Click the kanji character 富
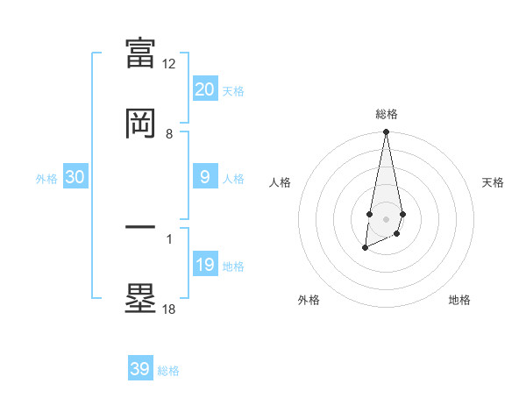coord(141,53)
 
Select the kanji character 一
coord(141,227)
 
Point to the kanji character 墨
coord(141,298)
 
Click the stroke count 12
coord(169,64)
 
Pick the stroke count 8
coord(169,134)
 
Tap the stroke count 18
coord(169,309)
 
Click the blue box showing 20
coord(204,89)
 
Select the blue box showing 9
coord(204,177)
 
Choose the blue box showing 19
coord(204,265)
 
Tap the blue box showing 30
coord(75,177)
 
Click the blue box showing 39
coord(140,369)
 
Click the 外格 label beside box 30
coord(46,179)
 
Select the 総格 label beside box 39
coord(168,371)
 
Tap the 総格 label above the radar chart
coord(386,114)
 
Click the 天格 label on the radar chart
coord(494,182)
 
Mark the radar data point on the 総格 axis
coord(386,133)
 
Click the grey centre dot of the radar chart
coord(386,217)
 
